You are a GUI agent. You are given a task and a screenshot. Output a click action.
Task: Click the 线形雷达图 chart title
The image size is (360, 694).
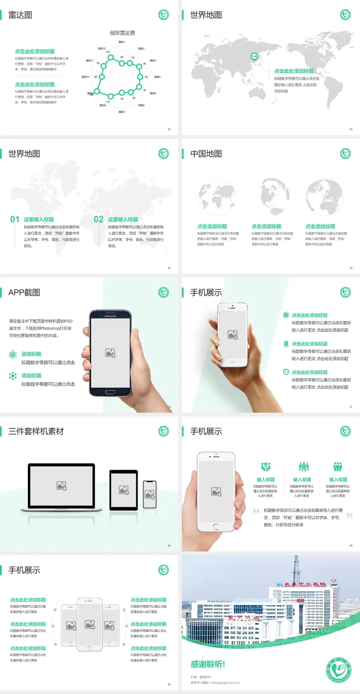tap(122, 33)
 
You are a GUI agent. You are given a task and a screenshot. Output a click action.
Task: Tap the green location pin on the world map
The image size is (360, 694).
tap(254, 57)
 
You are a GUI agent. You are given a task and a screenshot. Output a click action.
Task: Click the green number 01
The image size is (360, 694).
tap(15, 219)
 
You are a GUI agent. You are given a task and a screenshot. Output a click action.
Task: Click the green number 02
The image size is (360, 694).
tap(99, 219)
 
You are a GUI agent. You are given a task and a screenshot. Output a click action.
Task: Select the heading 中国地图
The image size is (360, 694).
tap(206, 154)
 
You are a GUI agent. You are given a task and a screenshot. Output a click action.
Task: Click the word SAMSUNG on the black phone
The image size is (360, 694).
tap(110, 316)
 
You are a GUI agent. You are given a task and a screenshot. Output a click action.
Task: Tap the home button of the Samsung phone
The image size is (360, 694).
tap(110, 392)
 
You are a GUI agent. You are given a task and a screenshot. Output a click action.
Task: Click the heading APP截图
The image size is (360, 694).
tap(24, 293)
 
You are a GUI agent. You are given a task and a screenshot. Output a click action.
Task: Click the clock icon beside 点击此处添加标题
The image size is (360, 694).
tap(286, 372)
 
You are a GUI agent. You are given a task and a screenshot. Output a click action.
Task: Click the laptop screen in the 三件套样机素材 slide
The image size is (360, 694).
tap(61, 486)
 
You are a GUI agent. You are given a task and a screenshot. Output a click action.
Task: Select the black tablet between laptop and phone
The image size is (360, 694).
tap(124, 490)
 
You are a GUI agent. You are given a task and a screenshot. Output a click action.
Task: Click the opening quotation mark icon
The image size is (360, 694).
tap(256, 511)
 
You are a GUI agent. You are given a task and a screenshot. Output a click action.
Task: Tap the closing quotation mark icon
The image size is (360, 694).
tap(349, 515)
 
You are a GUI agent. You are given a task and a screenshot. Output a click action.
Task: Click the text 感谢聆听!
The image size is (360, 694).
tap(208, 664)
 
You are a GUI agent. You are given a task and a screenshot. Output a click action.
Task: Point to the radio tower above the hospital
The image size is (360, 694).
tap(297, 570)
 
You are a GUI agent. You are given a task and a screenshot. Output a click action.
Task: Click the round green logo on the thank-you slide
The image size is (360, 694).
tap(339, 670)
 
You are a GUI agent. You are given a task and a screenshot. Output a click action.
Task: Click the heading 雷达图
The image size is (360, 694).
tap(20, 15)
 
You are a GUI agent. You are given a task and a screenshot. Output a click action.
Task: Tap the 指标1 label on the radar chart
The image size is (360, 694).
tap(122, 42)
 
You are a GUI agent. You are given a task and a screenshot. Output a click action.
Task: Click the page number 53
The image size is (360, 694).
tap(351, 129)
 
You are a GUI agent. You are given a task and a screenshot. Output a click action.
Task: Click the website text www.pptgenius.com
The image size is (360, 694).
tap(225, 683)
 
